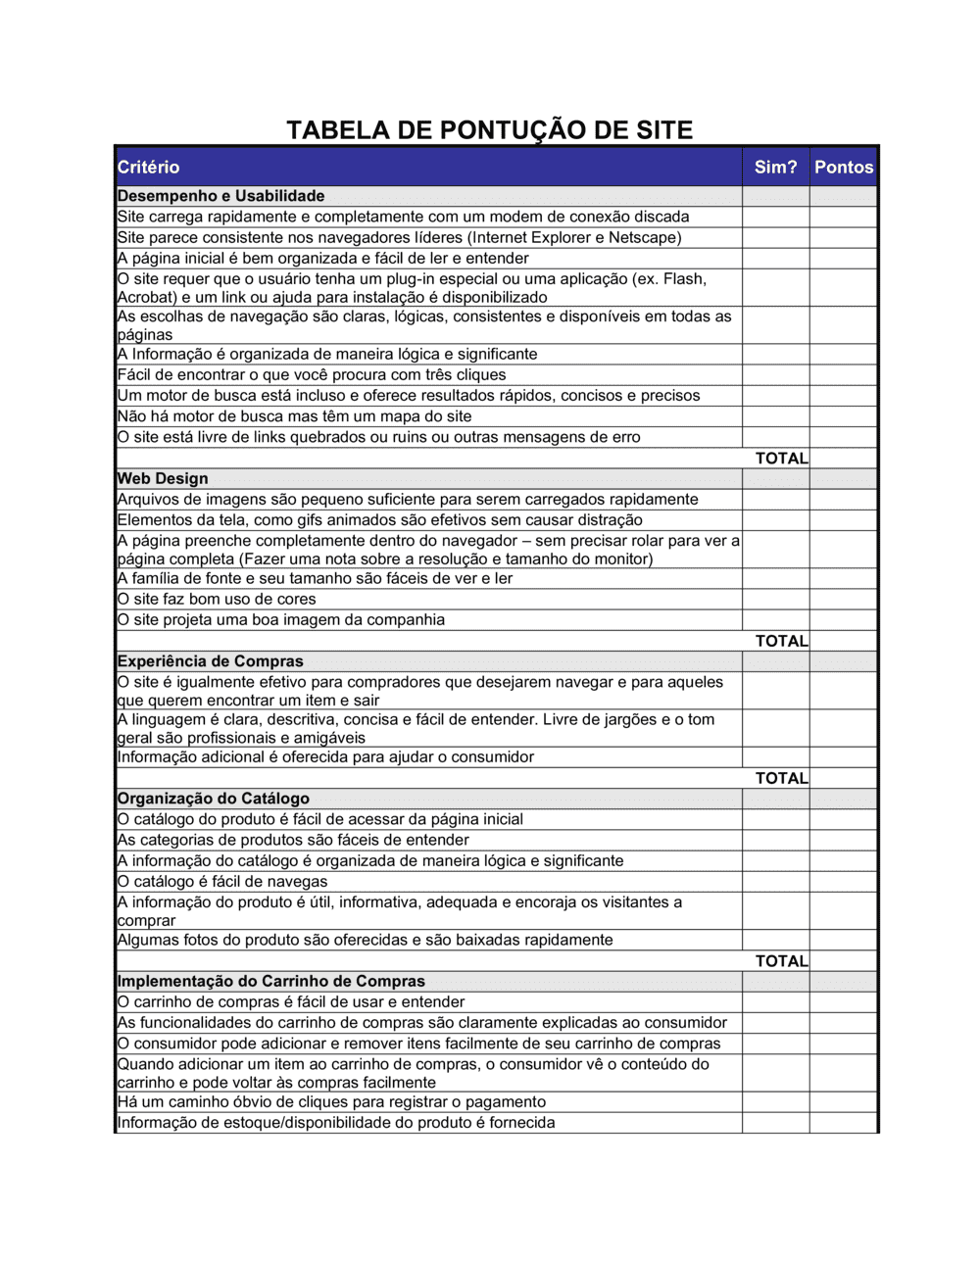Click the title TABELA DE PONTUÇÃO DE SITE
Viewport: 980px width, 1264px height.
point(489,130)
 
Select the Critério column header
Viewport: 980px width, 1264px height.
point(149,168)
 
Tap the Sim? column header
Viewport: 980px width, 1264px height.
point(775,168)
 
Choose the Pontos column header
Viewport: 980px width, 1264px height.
point(843,168)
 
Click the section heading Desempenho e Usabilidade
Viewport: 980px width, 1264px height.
point(220,196)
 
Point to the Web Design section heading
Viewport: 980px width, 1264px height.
point(163,478)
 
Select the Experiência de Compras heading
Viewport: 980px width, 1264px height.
point(210,661)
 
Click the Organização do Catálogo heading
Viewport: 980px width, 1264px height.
point(213,799)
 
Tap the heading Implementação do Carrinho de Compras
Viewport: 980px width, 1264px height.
point(270,981)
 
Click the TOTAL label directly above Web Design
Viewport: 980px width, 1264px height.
point(781,458)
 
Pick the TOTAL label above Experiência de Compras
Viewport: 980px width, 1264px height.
point(781,641)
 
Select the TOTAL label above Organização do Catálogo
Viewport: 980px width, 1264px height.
point(781,778)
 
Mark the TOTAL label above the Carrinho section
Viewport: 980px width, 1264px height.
point(781,961)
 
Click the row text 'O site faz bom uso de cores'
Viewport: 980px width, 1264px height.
point(217,599)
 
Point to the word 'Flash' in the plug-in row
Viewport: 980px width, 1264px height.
point(683,279)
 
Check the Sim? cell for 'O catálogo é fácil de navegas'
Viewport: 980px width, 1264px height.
point(775,882)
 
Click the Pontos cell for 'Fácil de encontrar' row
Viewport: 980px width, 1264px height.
point(843,375)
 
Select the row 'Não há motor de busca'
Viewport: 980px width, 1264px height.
point(294,416)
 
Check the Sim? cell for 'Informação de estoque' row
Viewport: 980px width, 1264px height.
point(775,1123)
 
